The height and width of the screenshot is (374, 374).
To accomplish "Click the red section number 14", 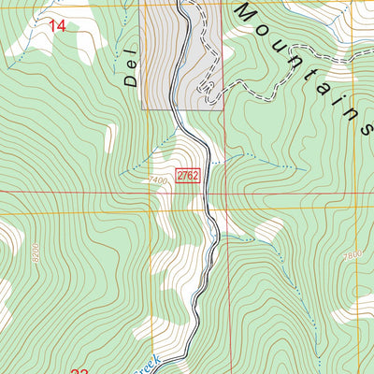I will pos(57,26).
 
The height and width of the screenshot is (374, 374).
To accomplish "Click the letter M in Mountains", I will pos(246,12).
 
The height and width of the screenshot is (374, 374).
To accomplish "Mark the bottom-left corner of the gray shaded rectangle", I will pos(141,110).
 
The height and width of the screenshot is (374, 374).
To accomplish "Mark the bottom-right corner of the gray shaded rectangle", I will pos(224,110).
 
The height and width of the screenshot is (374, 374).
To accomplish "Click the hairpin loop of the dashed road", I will pos(209,88).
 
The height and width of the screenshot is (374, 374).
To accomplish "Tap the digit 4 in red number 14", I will pos(62,26).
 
